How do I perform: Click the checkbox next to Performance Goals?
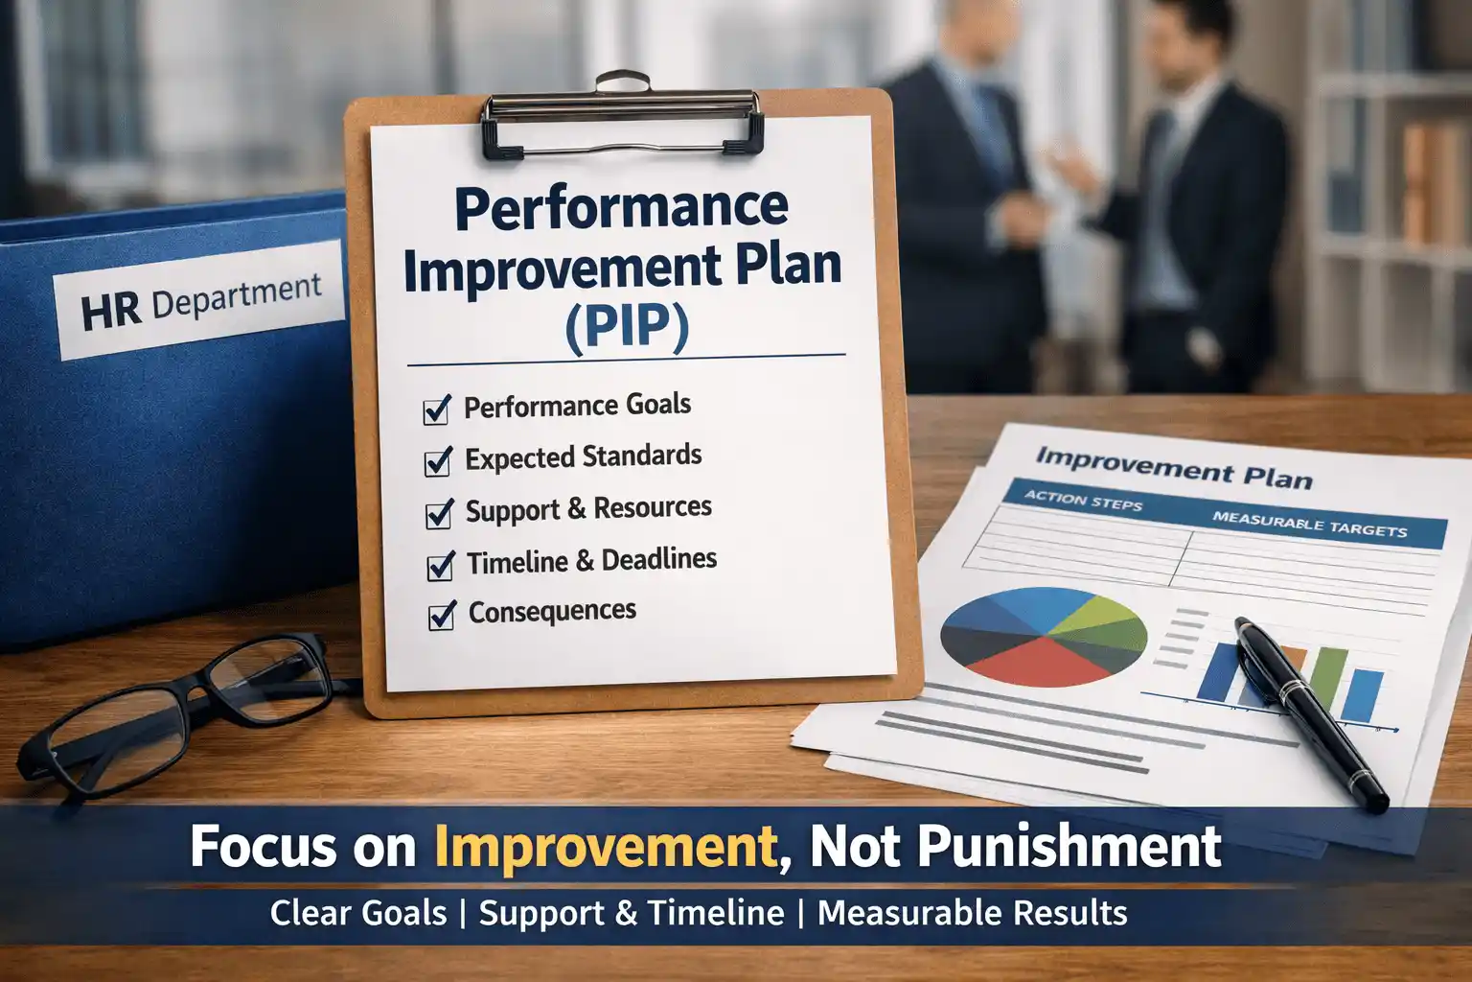click(x=437, y=411)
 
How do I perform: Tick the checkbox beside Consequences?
click(x=441, y=616)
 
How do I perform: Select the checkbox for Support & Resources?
click(x=439, y=514)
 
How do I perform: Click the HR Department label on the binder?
click(x=201, y=300)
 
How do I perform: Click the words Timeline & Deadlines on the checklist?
click(x=591, y=560)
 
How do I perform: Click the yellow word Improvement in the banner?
click(x=605, y=846)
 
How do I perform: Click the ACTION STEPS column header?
click(x=1083, y=500)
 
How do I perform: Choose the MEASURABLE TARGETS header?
click(x=1309, y=524)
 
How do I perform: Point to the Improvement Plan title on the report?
click(x=1173, y=467)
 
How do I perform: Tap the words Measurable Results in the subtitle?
click(x=972, y=913)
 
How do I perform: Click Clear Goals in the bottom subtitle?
click(x=358, y=913)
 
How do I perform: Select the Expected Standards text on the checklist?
click(x=583, y=457)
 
